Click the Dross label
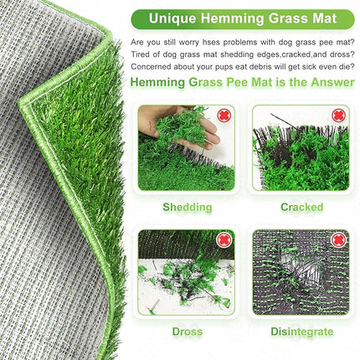point(187,331)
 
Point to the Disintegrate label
point(301,331)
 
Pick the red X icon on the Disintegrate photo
point(339,241)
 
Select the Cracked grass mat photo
point(301,148)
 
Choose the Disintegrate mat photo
point(301,272)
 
